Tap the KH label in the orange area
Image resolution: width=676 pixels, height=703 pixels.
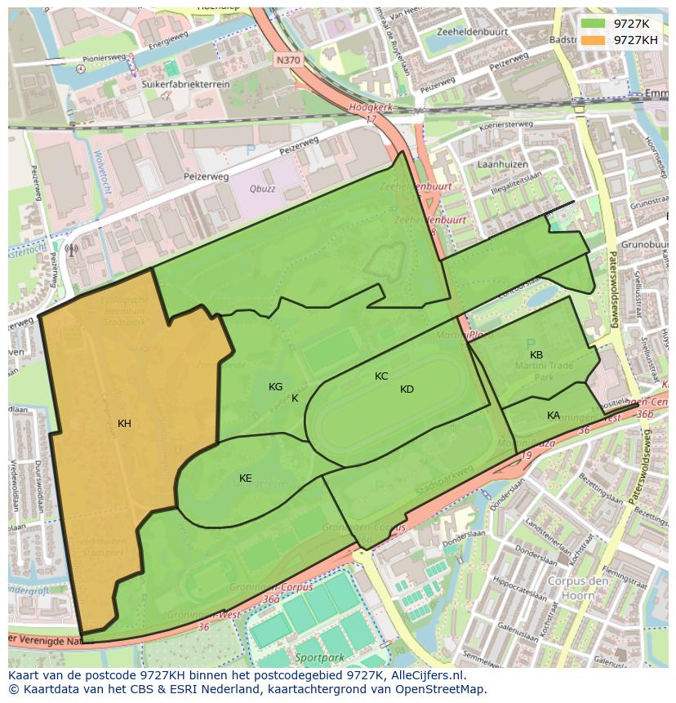[124, 423]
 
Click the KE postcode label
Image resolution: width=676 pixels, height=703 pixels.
[245, 478]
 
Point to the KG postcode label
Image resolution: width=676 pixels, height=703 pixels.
[276, 386]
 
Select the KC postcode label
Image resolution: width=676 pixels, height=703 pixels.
[381, 376]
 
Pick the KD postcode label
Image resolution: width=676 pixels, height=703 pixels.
[407, 389]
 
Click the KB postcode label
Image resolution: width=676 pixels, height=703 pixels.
[536, 354]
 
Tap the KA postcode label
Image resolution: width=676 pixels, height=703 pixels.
[554, 416]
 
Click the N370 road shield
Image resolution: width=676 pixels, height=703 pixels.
[287, 60]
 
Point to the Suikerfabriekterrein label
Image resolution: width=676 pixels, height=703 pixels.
[176, 83]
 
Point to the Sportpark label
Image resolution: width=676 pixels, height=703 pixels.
[314, 656]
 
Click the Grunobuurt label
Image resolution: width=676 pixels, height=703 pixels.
[645, 244]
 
